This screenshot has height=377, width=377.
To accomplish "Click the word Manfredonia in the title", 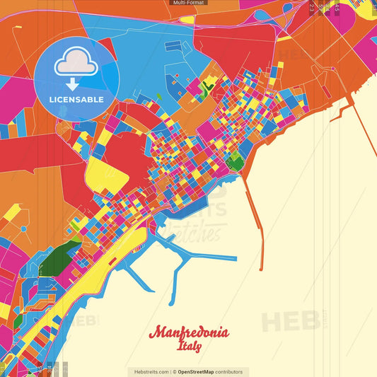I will coord(189,333).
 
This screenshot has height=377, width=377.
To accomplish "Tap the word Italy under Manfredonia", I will coord(189,347).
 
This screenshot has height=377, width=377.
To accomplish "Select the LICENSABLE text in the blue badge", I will coord(76,99).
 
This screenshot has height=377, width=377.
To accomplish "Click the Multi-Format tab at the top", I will coord(188,3).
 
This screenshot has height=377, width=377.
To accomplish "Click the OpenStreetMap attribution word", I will coord(197,371).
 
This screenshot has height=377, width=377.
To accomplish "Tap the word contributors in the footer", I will coord(229,371).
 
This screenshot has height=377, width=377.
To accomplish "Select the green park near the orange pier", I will coord(235,164).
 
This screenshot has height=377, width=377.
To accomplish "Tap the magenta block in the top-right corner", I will coord(361,18).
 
